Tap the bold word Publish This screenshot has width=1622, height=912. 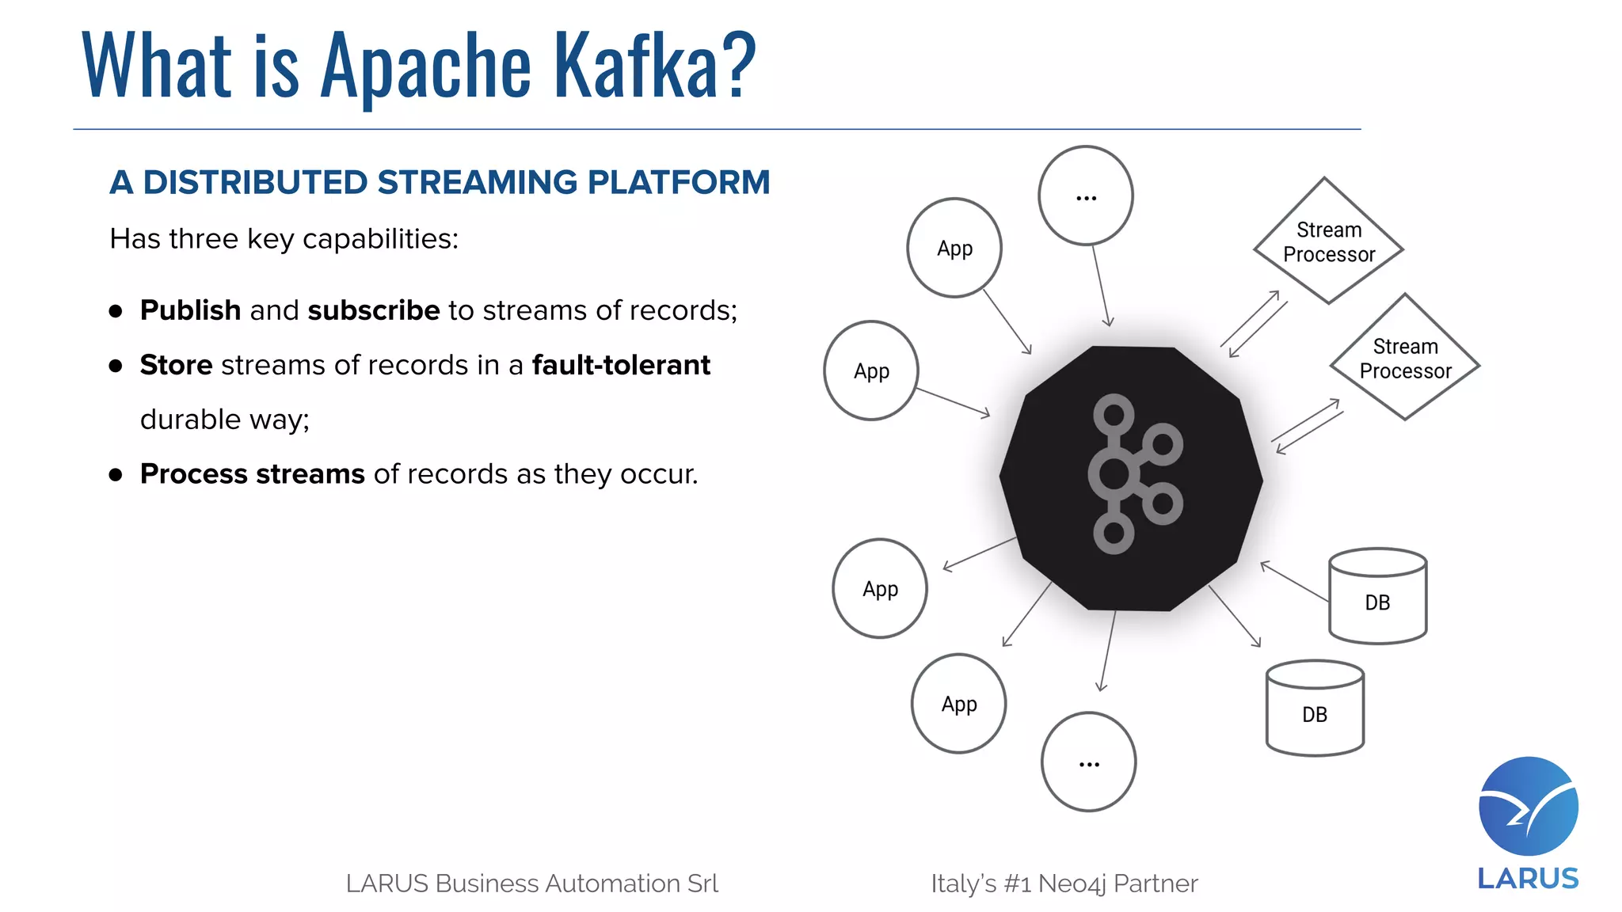click(x=190, y=310)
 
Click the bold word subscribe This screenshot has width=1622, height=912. click(x=373, y=310)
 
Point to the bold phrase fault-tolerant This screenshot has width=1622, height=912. click(x=621, y=365)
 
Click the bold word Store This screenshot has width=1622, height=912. click(x=176, y=365)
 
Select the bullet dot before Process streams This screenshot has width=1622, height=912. click(x=116, y=474)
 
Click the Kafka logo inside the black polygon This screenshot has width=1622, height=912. click(x=1134, y=473)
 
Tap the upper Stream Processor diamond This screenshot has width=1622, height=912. click(x=1328, y=241)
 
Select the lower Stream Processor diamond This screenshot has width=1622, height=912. click(x=1405, y=358)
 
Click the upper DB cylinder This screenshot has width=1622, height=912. click(x=1377, y=598)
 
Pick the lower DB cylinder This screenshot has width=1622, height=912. click(x=1315, y=709)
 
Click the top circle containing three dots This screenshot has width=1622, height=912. click(x=1086, y=196)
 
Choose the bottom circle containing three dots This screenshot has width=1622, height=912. click(x=1089, y=762)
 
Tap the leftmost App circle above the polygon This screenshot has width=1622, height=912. click(x=871, y=370)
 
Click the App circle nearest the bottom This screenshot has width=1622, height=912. click(x=959, y=703)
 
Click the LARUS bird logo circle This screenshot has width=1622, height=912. click(x=1528, y=806)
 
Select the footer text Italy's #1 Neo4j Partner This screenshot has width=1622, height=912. click(x=1064, y=883)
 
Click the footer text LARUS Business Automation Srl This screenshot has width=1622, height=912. click(x=531, y=883)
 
